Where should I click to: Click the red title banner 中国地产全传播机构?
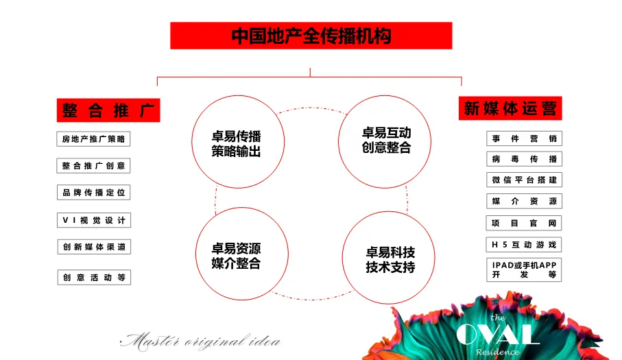(x=311, y=36)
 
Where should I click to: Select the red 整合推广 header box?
(x=108, y=110)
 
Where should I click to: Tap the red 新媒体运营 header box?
(x=510, y=108)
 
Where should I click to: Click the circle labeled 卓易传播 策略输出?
(x=235, y=143)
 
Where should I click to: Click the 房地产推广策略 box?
(x=93, y=139)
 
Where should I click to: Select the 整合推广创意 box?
(x=93, y=166)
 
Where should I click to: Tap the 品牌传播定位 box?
(x=93, y=193)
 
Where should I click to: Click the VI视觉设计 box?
(x=93, y=220)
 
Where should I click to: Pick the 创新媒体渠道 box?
(x=93, y=247)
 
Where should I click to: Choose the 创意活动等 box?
(x=93, y=278)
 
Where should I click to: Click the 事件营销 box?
(x=524, y=139)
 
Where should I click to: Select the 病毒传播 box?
(x=524, y=159)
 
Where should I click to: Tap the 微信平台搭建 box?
(x=524, y=180)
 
